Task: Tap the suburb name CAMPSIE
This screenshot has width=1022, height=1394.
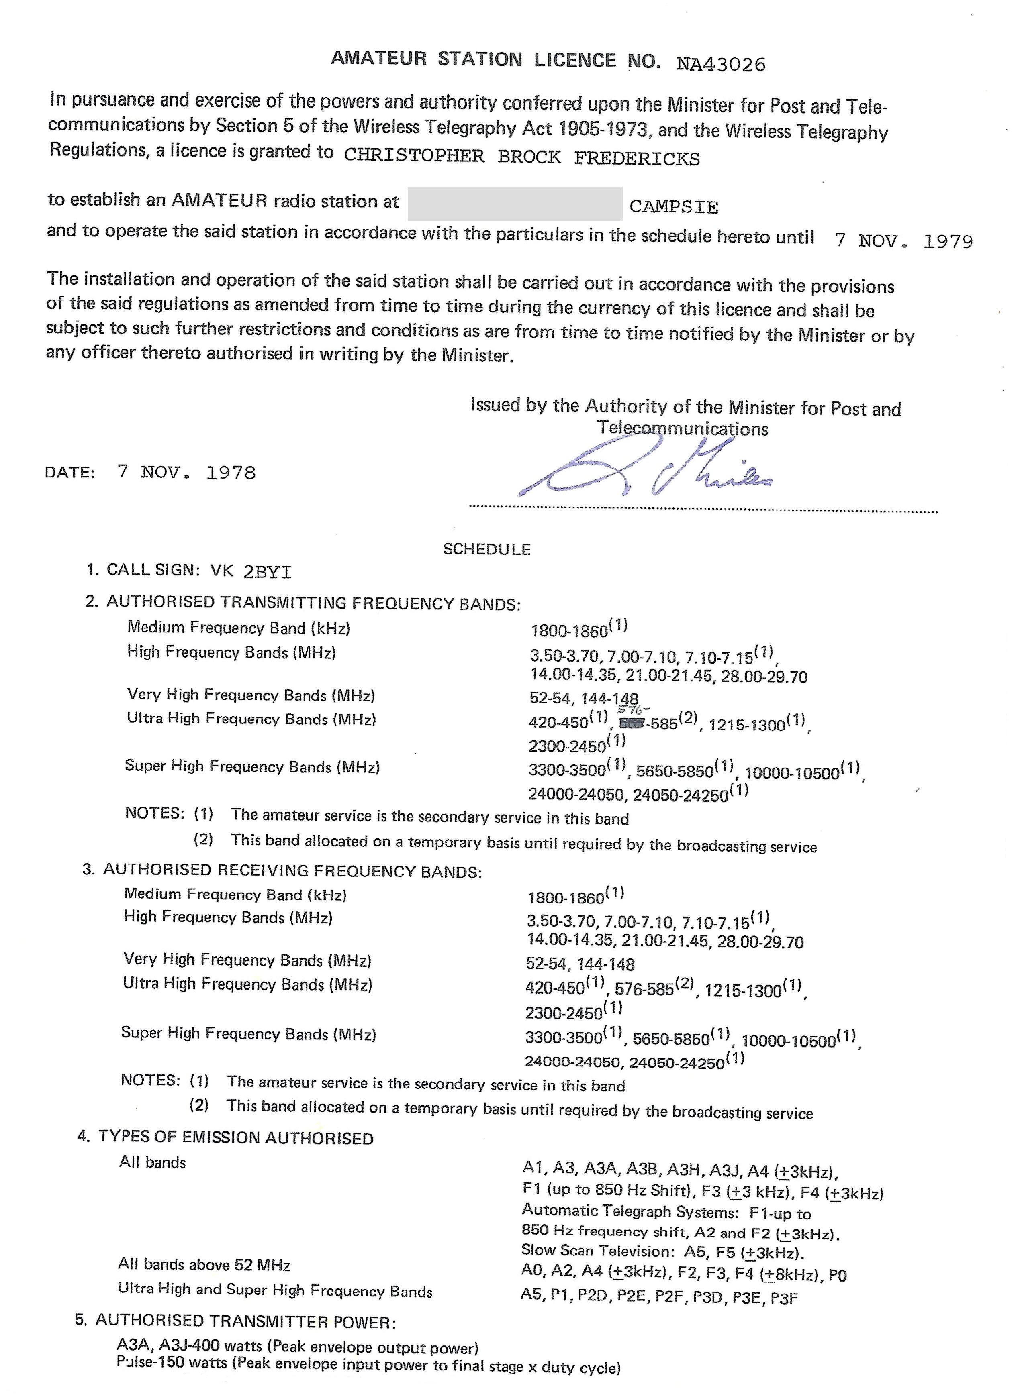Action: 674,206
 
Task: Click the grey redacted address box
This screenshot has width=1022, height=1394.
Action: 515,204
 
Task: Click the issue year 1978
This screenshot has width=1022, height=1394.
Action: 231,473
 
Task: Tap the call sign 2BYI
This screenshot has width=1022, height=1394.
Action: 267,571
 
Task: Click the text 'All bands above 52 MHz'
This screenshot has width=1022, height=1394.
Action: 204,1265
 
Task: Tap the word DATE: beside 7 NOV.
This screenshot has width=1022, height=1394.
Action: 70,473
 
